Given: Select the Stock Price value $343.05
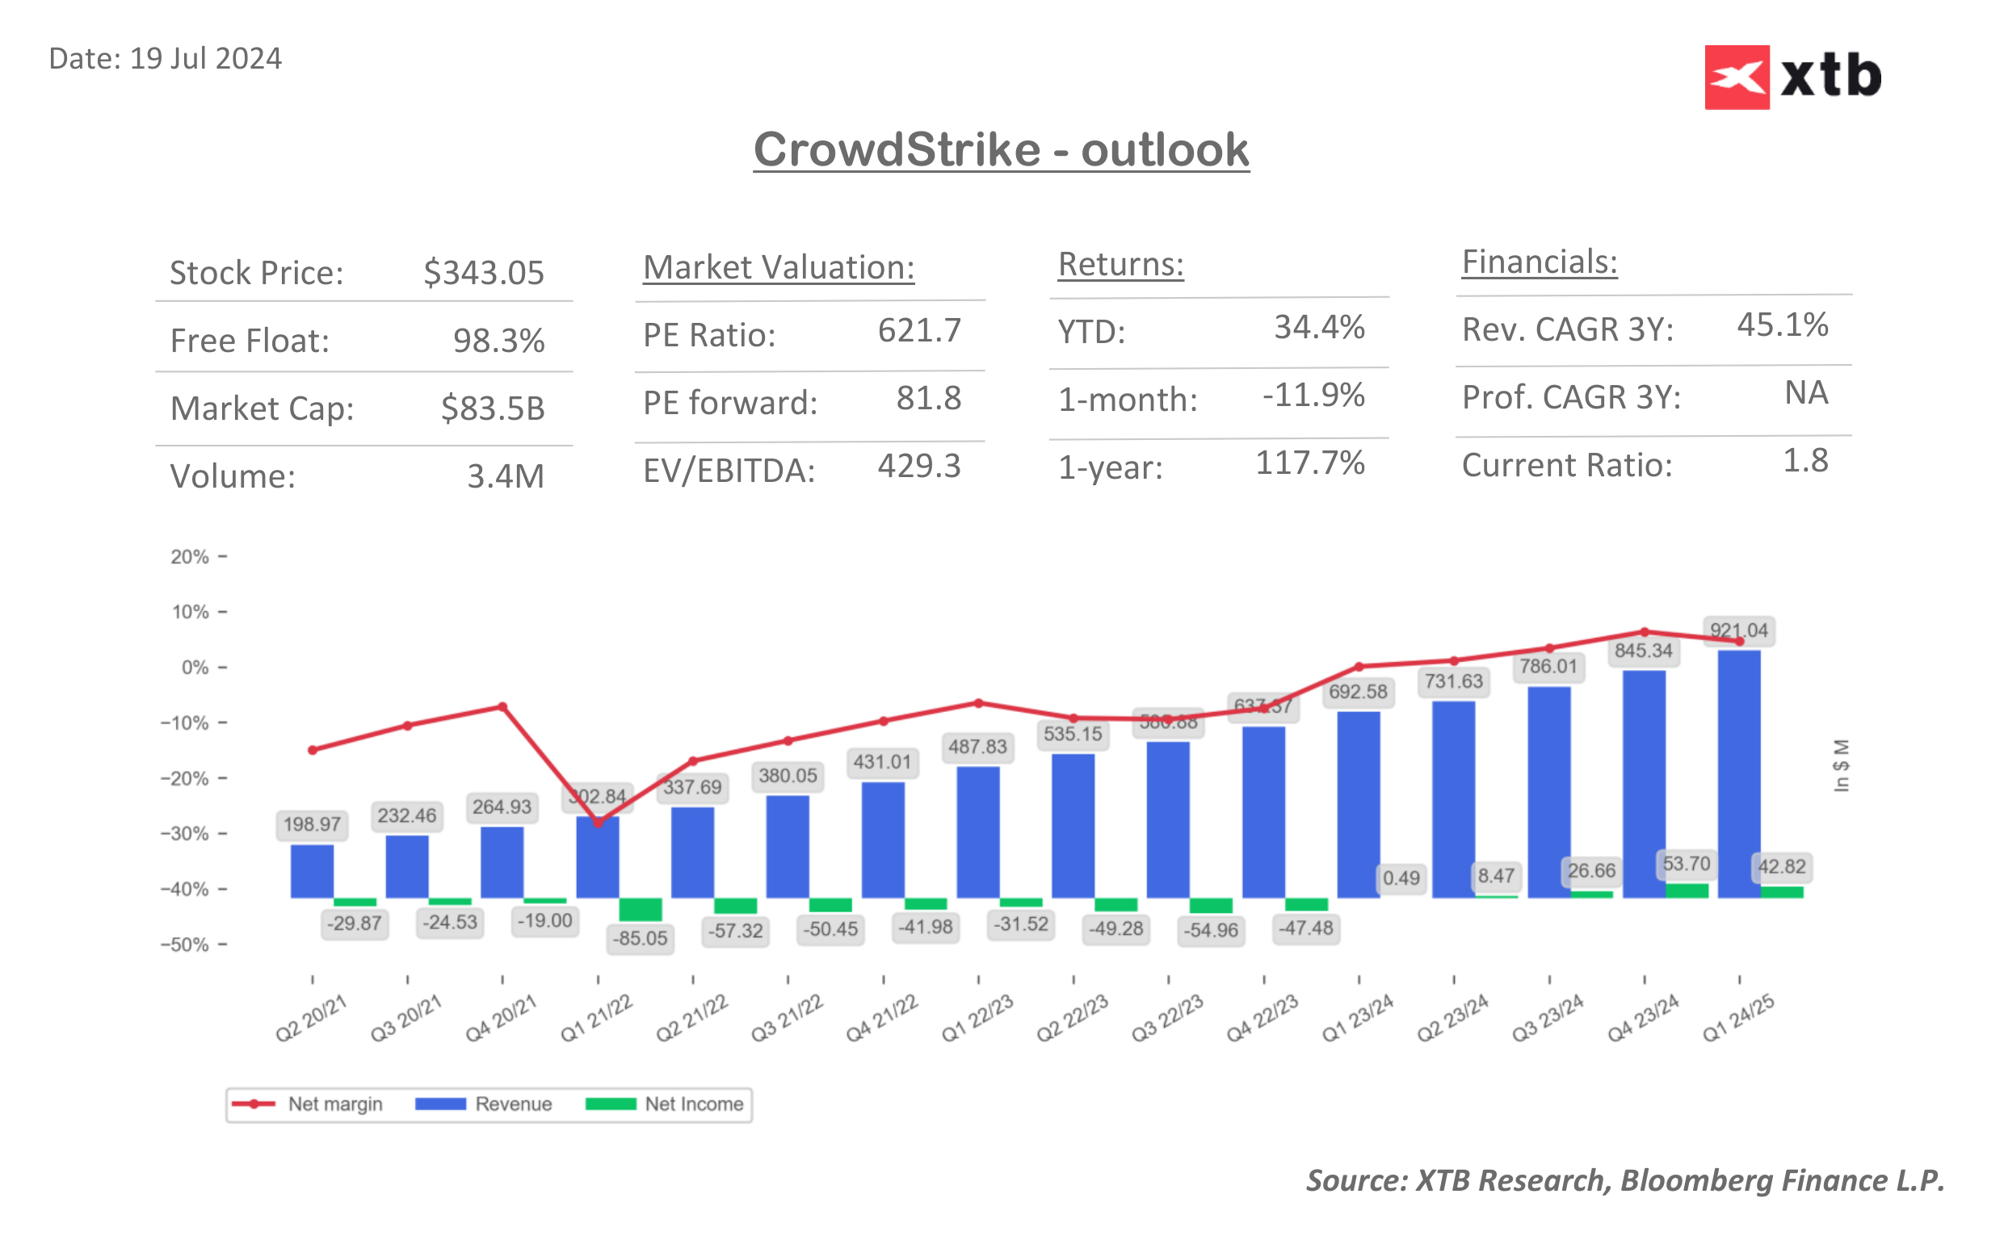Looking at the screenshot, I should [x=483, y=272].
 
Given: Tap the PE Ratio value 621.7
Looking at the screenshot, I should [x=918, y=330].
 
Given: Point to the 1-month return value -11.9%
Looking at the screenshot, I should [x=1313, y=396].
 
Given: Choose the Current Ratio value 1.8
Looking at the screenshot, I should [x=1804, y=461].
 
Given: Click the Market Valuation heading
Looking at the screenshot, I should [x=779, y=267].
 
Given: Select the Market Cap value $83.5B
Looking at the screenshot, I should [x=492, y=408].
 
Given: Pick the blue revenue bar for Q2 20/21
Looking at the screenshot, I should [x=312, y=871].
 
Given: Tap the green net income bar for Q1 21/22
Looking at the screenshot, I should [x=640, y=909].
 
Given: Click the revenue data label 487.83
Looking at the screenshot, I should [x=977, y=746].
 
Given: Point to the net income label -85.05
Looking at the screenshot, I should [x=641, y=938].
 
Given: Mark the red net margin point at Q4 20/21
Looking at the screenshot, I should [x=502, y=707].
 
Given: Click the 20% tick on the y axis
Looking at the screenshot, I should [x=191, y=557].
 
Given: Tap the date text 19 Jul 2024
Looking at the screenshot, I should [x=205, y=59].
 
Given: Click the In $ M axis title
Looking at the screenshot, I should [x=1841, y=765].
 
